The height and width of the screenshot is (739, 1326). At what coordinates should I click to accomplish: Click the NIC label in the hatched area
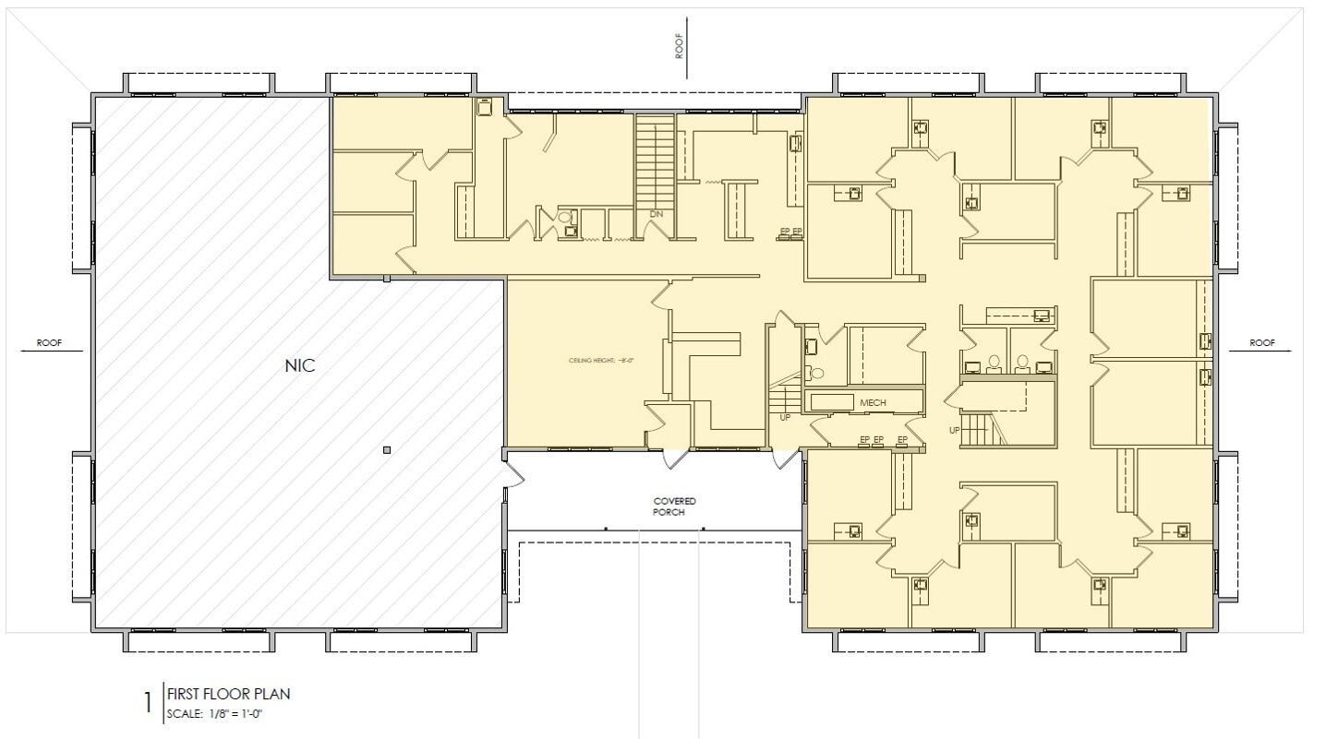(x=300, y=365)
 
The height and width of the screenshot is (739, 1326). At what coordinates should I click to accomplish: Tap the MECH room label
(x=873, y=403)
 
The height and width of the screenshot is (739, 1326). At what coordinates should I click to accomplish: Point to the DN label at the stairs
(x=657, y=214)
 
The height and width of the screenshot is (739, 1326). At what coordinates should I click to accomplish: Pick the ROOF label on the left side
(x=49, y=342)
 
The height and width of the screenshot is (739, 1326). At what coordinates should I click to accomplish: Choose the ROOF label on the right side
(x=1262, y=342)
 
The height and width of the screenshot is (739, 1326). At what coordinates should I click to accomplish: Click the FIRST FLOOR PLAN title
(x=229, y=694)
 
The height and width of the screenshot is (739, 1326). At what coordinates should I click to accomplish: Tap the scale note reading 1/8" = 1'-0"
(x=222, y=713)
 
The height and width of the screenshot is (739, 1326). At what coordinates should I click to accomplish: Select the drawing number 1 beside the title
(x=148, y=703)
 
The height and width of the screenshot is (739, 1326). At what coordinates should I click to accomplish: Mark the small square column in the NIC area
(x=387, y=450)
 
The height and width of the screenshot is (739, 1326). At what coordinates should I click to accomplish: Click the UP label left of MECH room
(x=786, y=417)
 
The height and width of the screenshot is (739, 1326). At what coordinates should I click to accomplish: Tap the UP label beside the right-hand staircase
(x=954, y=430)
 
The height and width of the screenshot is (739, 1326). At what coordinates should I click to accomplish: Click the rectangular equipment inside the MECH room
(x=830, y=401)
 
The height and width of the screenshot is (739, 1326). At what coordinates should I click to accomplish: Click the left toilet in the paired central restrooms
(x=994, y=363)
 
